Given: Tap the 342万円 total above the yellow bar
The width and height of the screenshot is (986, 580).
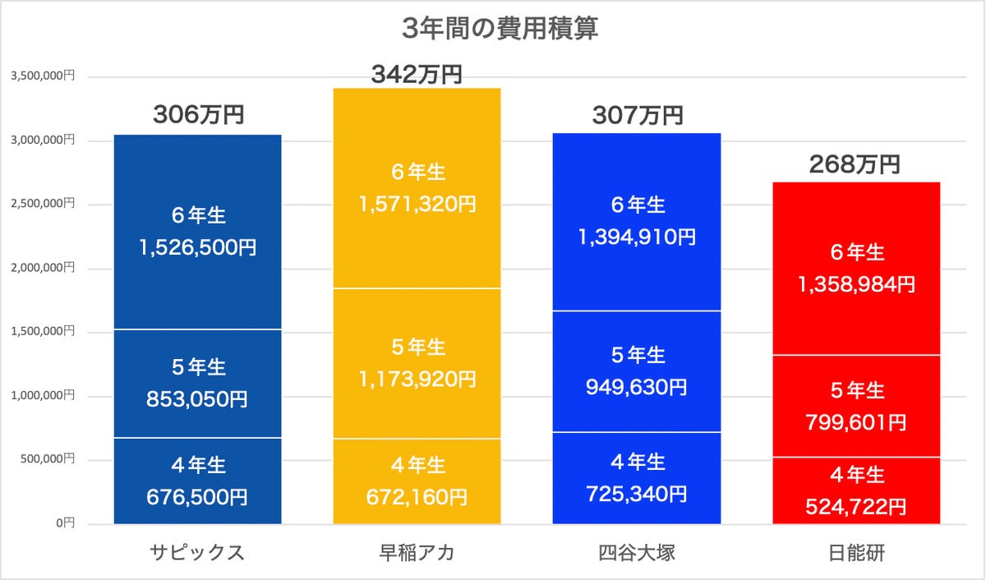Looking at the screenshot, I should [x=417, y=76].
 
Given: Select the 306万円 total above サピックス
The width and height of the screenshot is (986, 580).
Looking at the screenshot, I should [x=198, y=115].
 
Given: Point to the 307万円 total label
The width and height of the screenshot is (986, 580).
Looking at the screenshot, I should [x=637, y=116].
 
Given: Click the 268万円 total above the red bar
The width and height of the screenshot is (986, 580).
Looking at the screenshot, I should [x=855, y=165].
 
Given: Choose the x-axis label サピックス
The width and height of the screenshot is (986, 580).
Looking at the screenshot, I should [x=197, y=551].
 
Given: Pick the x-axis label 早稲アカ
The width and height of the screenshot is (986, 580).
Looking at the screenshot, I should [x=417, y=551].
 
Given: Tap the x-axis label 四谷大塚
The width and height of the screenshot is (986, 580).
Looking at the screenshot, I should [x=637, y=551].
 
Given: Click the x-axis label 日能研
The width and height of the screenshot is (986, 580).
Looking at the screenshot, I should [x=856, y=551].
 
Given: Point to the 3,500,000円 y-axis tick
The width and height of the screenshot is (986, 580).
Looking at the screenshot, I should [x=42, y=76].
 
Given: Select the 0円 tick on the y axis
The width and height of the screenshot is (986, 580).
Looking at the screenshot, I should [x=66, y=523].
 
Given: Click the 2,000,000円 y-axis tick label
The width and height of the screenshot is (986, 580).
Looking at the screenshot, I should [x=42, y=268].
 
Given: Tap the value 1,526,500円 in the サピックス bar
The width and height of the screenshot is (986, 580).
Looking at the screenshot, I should [x=198, y=247].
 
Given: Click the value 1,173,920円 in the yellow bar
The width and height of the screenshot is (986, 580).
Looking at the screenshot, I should [x=417, y=380].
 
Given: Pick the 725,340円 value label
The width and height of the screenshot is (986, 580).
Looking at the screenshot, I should [x=637, y=494].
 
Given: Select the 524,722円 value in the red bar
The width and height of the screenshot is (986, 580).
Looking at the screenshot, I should [x=856, y=507].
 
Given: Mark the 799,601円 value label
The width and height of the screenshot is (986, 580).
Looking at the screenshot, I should [x=856, y=422].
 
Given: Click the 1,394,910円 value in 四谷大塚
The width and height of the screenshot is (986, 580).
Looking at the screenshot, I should [x=637, y=237].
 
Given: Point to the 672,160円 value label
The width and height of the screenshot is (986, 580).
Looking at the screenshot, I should [x=417, y=497].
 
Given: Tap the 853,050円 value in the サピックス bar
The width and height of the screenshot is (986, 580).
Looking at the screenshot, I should [x=198, y=399].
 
